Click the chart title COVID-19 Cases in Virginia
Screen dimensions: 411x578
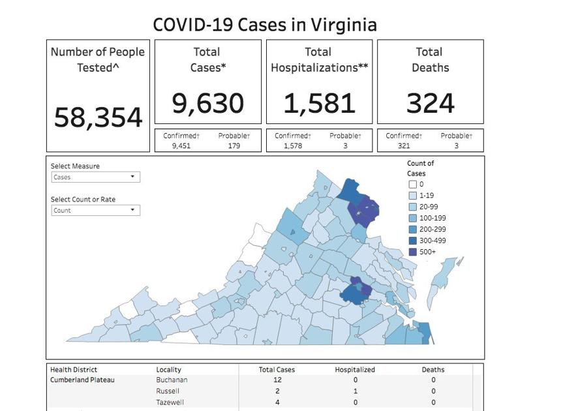pyautogui.click(x=264, y=25)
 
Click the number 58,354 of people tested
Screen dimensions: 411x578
pyautogui.click(x=98, y=117)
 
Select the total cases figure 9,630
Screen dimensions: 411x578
pyautogui.click(x=208, y=103)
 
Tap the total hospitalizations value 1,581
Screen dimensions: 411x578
pyautogui.click(x=320, y=103)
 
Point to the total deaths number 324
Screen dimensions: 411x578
pyautogui.click(x=431, y=103)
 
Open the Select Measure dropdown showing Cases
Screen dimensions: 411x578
pyautogui.click(x=95, y=177)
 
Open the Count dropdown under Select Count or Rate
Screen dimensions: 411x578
pyautogui.click(x=95, y=210)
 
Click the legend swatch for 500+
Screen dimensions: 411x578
pyautogui.click(x=413, y=251)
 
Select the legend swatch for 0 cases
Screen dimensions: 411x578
pyautogui.click(x=413, y=185)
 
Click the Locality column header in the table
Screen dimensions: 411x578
pyautogui.click(x=169, y=369)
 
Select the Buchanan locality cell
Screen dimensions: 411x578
pyautogui.click(x=172, y=379)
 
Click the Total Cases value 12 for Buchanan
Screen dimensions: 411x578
pyautogui.click(x=278, y=379)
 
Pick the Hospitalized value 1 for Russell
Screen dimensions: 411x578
pyautogui.click(x=355, y=391)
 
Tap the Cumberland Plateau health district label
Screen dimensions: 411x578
pyautogui.click(x=82, y=379)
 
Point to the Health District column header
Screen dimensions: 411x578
pyautogui.click(x=74, y=369)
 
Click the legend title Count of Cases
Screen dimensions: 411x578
pyautogui.click(x=421, y=168)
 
